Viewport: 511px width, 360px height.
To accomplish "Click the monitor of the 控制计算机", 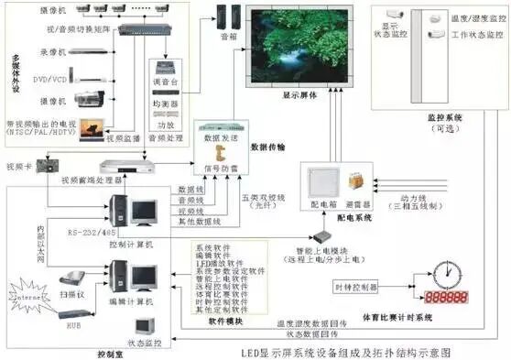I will tap(143, 213).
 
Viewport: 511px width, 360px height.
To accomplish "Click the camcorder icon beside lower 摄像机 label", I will tap(92, 99).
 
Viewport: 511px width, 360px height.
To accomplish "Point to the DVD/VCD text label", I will tap(49, 77).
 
